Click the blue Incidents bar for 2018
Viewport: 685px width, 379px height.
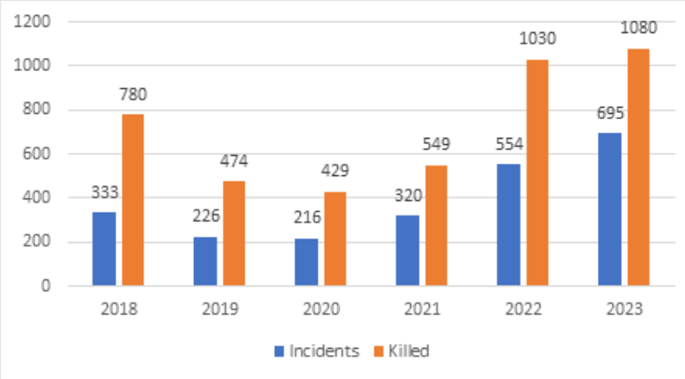(x=105, y=249)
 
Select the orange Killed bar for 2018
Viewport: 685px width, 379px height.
(x=133, y=200)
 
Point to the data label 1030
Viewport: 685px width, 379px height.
(x=536, y=39)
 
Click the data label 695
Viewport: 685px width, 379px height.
(x=609, y=114)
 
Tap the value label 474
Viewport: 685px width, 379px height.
(x=235, y=162)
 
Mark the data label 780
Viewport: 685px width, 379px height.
(x=133, y=94)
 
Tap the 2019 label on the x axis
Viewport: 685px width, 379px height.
(x=220, y=310)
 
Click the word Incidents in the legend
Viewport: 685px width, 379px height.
(x=324, y=351)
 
